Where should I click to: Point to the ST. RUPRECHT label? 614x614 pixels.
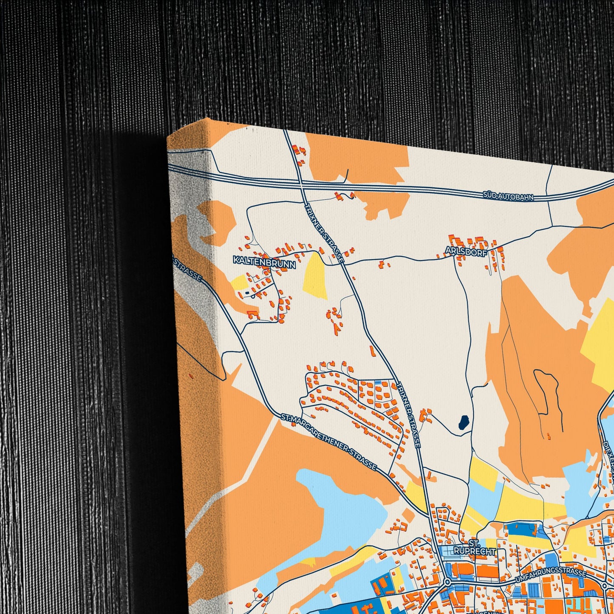[x=474, y=548]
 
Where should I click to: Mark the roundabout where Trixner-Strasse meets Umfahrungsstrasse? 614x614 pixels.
[x=447, y=581]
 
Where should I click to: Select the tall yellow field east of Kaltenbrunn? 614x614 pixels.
[x=315, y=275]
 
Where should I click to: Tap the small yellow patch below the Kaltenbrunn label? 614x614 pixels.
[x=239, y=282]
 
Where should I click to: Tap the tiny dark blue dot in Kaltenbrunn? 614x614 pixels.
[x=247, y=292]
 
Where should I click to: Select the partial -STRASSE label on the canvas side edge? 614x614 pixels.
[x=188, y=268]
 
